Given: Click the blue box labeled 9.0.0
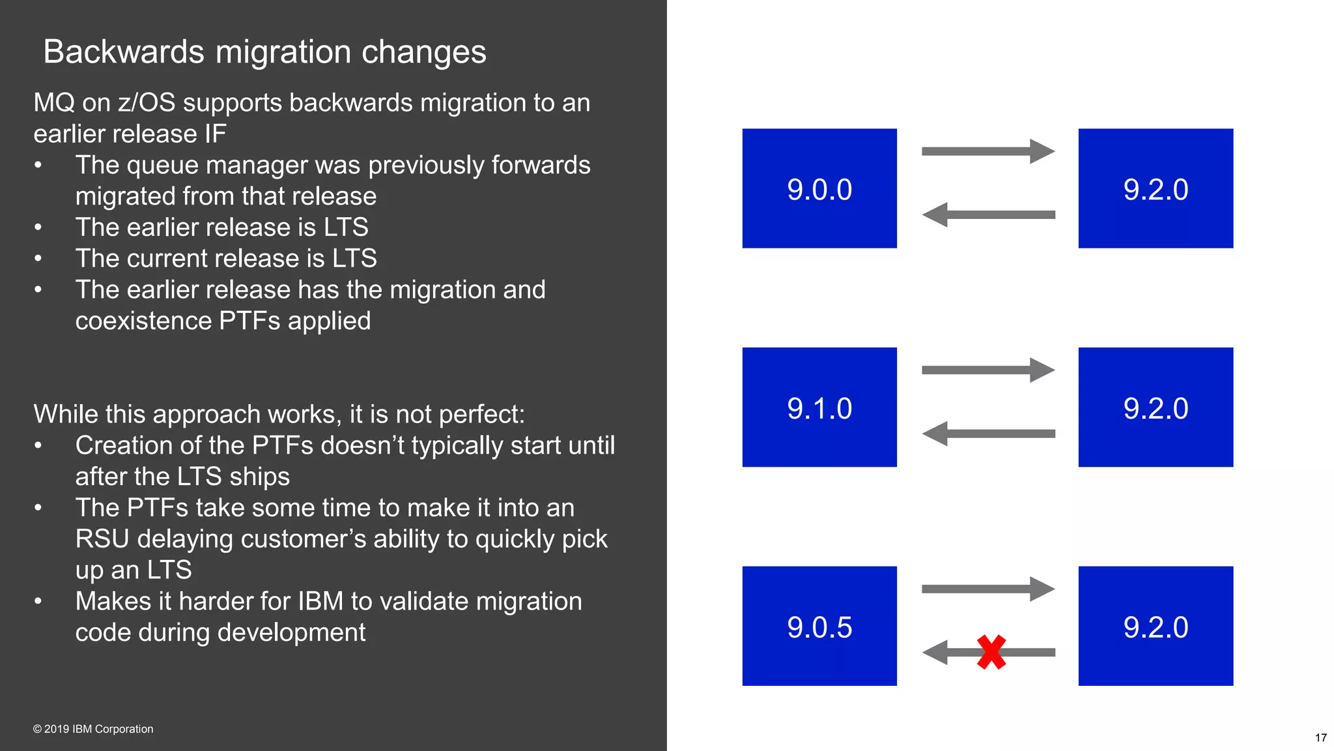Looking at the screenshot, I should click(x=819, y=188).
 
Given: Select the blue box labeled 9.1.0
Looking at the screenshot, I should click(x=819, y=407).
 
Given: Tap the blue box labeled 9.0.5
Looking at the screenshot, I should click(x=819, y=626).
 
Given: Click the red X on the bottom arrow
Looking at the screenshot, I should click(x=991, y=653).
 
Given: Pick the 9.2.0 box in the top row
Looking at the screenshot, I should click(x=1156, y=188).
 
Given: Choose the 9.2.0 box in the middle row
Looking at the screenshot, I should click(x=1156, y=407).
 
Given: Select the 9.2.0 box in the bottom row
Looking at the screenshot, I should click(x=1156, y=626).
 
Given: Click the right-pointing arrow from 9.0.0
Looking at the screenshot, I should click(x=987, y=151).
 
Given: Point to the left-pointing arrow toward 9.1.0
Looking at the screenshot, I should click(x=987, y=434).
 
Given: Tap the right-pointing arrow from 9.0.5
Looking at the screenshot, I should click(x=987, y=589).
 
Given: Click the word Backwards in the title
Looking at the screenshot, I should click(x=124, y=52).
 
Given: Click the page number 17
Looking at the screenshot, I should click(x=1320, y=738).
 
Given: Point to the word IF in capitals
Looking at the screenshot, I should click(x=215, y=134).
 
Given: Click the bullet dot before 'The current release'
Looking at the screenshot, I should click(x=38, y=259).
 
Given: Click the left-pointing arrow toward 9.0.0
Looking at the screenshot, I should click(x=987, y=214).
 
